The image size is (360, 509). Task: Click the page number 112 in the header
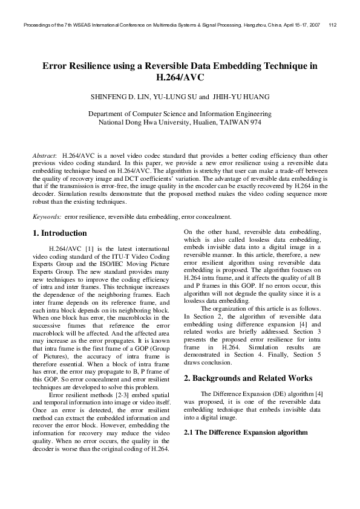point(333,25)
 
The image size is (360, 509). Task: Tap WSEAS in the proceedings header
point(82,25)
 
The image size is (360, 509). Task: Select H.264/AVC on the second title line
point(180,77)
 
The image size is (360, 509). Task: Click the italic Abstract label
point(44,155)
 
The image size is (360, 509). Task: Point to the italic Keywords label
point(46,216)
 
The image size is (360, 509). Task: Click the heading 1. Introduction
point(59,233)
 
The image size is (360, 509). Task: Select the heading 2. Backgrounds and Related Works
point(247,378)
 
